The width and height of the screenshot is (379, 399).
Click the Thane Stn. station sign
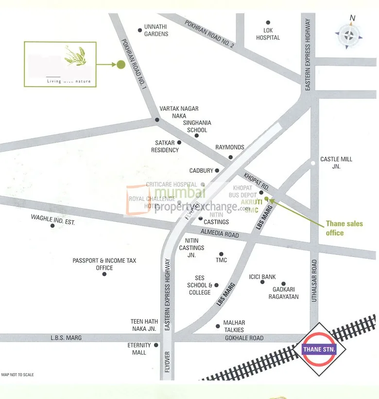322,349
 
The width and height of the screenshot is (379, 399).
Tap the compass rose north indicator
348,34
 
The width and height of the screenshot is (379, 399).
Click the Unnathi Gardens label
156,30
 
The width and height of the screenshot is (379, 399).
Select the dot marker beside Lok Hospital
268,22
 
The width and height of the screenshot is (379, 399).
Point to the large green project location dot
121,64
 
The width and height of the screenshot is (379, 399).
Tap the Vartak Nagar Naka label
179,112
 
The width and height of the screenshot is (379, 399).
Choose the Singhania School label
195,127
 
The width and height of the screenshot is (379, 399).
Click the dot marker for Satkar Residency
179,143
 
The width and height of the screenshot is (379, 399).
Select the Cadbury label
201,171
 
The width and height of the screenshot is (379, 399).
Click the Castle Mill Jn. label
336,163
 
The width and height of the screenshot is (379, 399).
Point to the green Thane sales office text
344,228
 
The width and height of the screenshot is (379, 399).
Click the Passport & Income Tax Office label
104,264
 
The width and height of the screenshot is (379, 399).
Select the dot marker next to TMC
221,254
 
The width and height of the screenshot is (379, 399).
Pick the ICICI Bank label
262,277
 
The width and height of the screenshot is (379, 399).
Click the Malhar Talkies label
234,326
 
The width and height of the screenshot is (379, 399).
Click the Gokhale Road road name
243,338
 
